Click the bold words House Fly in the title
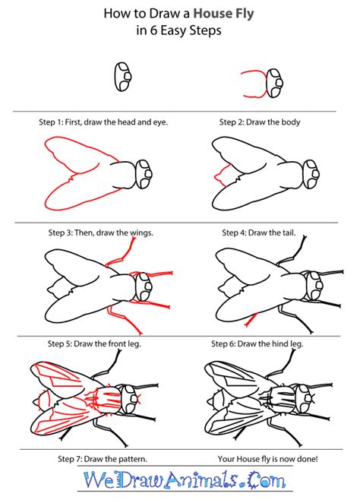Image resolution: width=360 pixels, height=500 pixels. [x=223, y=14]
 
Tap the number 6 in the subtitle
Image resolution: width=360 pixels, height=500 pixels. [x=153, y=31]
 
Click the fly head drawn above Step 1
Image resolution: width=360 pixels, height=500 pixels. [x=122, y=77]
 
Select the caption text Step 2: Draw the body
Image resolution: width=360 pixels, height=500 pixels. [x=260, y=122]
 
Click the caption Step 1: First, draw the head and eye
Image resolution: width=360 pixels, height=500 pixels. [x=103, y=122]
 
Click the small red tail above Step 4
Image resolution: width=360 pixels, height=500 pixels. [x=223, y=175]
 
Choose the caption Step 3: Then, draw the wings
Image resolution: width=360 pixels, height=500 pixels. [x=101, y=233]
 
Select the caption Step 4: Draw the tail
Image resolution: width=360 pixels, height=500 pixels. [x=259, y=233]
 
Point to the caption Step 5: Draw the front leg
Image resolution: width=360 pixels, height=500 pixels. [x=94, y=343]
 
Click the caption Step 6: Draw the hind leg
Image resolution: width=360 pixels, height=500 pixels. [x=257, y=343]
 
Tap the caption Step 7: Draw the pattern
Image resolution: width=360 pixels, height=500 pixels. [x=103, y=459]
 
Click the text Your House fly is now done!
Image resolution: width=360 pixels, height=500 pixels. [x=267, y=459]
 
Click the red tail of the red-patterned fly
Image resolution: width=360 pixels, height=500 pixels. [x=42, y=400]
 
